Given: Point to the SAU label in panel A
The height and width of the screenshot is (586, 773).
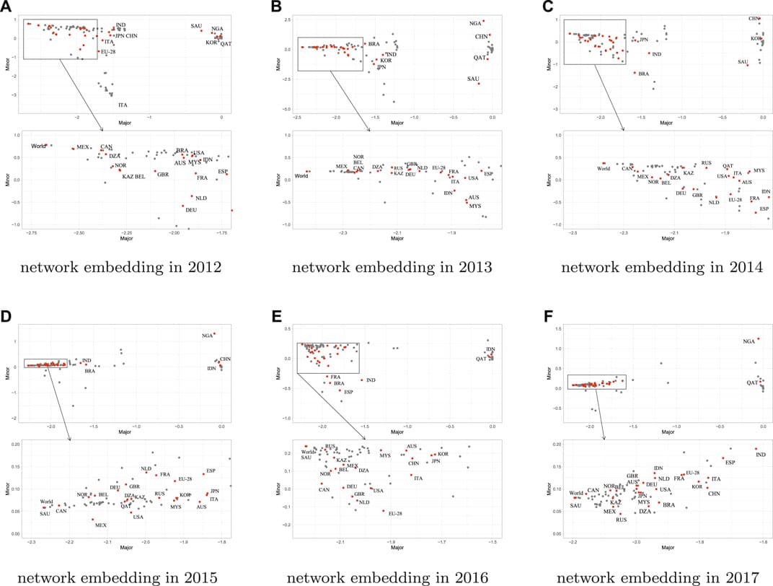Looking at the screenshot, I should point(196,26).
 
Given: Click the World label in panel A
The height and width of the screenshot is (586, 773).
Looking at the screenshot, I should point(39,146).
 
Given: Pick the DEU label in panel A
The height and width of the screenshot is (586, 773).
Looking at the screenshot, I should point(191,210).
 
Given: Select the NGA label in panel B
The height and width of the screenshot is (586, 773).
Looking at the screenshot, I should point(475,23).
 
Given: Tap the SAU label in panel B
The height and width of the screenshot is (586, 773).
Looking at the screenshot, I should point(474,78).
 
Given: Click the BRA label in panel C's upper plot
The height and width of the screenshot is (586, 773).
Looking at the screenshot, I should point(644,74).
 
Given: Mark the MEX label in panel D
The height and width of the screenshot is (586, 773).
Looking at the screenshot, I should point(101,525).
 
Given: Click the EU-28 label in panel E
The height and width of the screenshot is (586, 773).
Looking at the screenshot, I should point(394,513).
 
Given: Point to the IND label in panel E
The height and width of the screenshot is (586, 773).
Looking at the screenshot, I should point(371,380).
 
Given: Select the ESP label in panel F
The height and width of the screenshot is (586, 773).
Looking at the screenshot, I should point(730,462).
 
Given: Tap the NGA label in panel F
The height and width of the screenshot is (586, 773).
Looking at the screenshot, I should point(750,341).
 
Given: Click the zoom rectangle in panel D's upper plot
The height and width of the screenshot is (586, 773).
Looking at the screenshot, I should point(45,363).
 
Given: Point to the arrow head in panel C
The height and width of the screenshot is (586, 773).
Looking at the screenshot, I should point(624,130).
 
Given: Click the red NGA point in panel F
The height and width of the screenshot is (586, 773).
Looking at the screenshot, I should point(758,338).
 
